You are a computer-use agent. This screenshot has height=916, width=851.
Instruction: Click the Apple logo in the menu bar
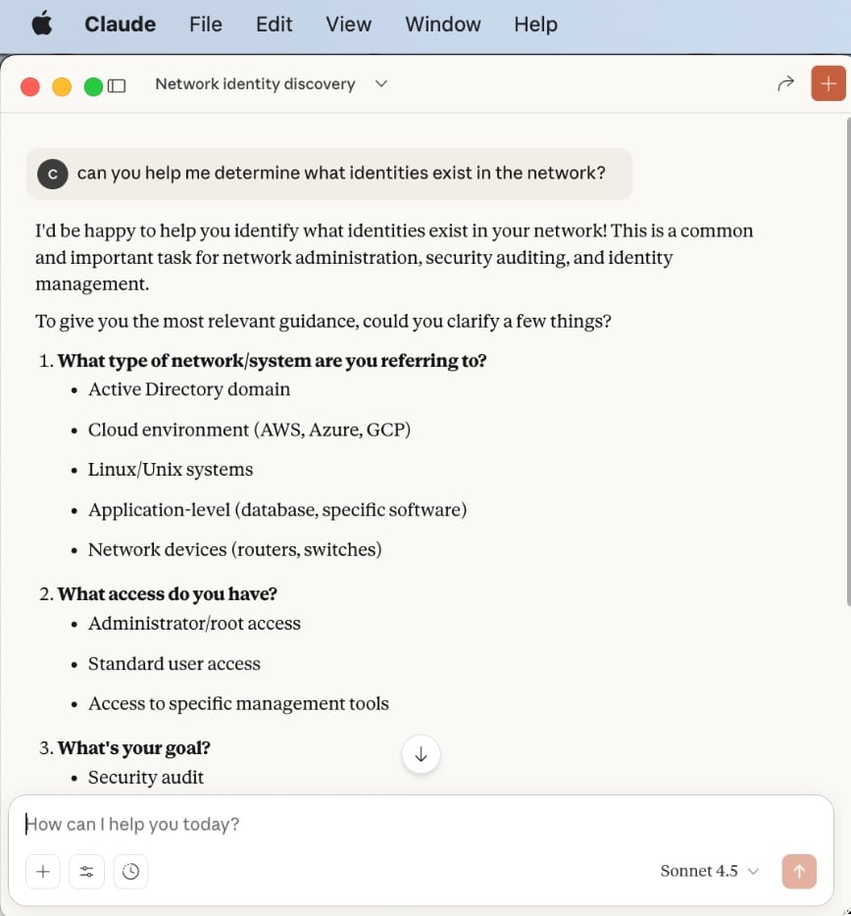pyautogui.click(x=41, y=25)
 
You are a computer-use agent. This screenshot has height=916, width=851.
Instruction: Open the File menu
pyautogui.click(x=206, y=25)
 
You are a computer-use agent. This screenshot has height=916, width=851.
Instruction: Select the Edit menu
pyautogui.click(x=275, y=25)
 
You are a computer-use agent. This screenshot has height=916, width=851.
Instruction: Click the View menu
pyautogui.click(x=348, y=25)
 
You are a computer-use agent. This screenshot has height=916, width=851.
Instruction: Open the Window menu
pyautogui.click(x=443, y=25)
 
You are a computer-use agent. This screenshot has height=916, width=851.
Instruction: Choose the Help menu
pyautogui.click(x=535, y=25)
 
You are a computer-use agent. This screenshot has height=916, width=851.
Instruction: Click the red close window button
pyautogui.click(x=30, y=86)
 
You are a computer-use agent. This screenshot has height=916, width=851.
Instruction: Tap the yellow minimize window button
pyautogui.click(x=62, y=86)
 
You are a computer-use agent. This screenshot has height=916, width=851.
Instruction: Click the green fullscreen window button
pyautogui.click(x=93, y=86)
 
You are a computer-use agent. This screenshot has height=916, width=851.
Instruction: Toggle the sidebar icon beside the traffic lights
pyautogui.click(x=117, y=86)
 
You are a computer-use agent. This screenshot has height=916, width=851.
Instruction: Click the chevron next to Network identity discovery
pyautogui.click(x=381, y=84)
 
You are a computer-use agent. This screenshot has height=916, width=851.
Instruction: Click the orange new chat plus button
pyautogui.click(x=828, y=84)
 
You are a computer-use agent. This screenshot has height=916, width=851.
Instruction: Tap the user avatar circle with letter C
pyautogui.click(x=53, y=174)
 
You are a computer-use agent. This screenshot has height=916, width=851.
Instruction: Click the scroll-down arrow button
pyautogui.click(x=422, y=754)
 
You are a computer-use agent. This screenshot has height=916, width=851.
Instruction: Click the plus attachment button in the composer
pyautogui.click(x=43, y=871)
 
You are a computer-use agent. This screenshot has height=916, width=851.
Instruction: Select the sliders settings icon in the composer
pyautogui.click(x=87, y=871)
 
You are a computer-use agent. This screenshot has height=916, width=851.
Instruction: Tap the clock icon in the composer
pyautogui.click(x=131, y=871)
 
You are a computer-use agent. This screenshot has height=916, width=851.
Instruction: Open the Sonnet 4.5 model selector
pyautogui.click(x=710, y=871)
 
